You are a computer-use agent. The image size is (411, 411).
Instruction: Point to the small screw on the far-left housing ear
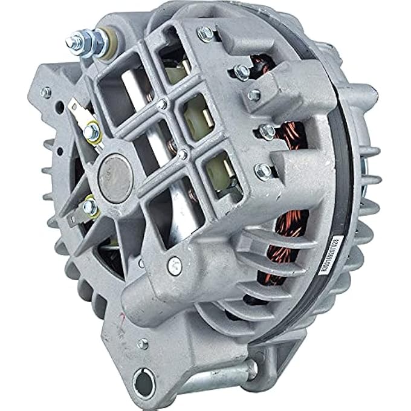point(45,92)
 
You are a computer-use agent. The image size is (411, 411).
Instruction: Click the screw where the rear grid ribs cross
point(161,104)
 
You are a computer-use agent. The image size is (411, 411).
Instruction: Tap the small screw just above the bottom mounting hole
point(143,345)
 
